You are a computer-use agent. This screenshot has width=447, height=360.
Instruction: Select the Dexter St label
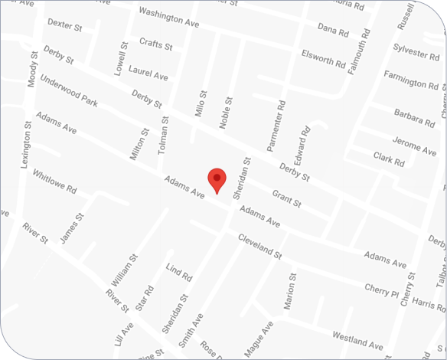(x=64, y=25)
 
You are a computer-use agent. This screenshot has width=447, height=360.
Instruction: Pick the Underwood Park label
(x=69, y=90)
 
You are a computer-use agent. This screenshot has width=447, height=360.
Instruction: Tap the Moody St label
(x=32, y=69)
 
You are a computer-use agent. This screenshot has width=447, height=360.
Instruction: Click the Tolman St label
(x=162, y=136)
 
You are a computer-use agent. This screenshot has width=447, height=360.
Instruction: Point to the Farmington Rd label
(x=414, y=78)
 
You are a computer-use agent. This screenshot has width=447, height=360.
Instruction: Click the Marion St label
(x=290, y=292)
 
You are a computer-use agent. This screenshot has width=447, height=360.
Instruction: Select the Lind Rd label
(x=178, y=272)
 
